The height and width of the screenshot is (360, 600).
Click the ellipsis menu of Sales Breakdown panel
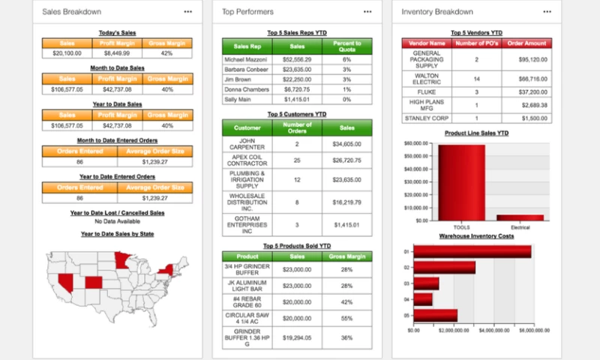[x=188, y=12]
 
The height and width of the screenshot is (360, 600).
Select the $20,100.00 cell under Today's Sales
[x=67, y=53]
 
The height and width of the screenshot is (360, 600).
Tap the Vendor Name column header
[x=427, y=43]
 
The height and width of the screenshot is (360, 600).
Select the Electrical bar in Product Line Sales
[x=520, y=217]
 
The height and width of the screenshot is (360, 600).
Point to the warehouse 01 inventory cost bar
[x=472, y=251]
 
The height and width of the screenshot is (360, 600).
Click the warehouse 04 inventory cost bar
[x=423, y=299]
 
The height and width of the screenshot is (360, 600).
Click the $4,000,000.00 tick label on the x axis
[x=494, y=330]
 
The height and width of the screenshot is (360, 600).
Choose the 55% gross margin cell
[x=346, y=319]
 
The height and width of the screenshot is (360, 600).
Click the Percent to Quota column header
[x=347, y=47]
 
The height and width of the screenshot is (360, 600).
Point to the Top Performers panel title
[x=248, y=12]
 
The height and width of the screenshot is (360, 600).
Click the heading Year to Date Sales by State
[x=118, y=234]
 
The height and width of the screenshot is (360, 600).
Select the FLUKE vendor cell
[x=427, y=91]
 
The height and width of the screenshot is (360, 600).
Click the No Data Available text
[x=118, y=221]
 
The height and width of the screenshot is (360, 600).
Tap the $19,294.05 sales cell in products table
[x=297, y=337]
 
